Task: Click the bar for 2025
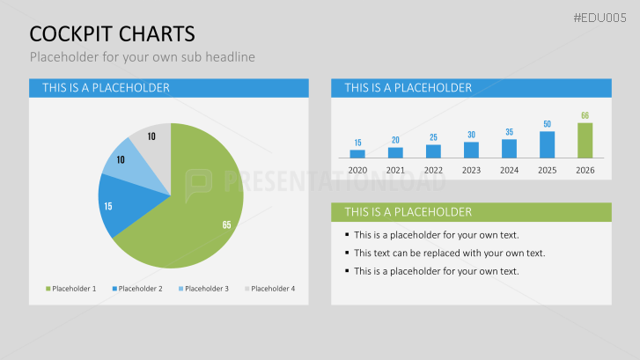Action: point(547,144)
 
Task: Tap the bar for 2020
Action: point(357,153)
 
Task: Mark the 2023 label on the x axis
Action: point(471,170)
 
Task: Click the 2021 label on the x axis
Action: point(395,170)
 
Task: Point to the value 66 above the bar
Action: point(585,115)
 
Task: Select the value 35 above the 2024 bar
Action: point(509,132)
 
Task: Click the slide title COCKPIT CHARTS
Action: point(112,33)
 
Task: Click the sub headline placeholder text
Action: point(142,57)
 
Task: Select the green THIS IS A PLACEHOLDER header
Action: point(471,212)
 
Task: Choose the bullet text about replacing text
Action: point(449,253)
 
